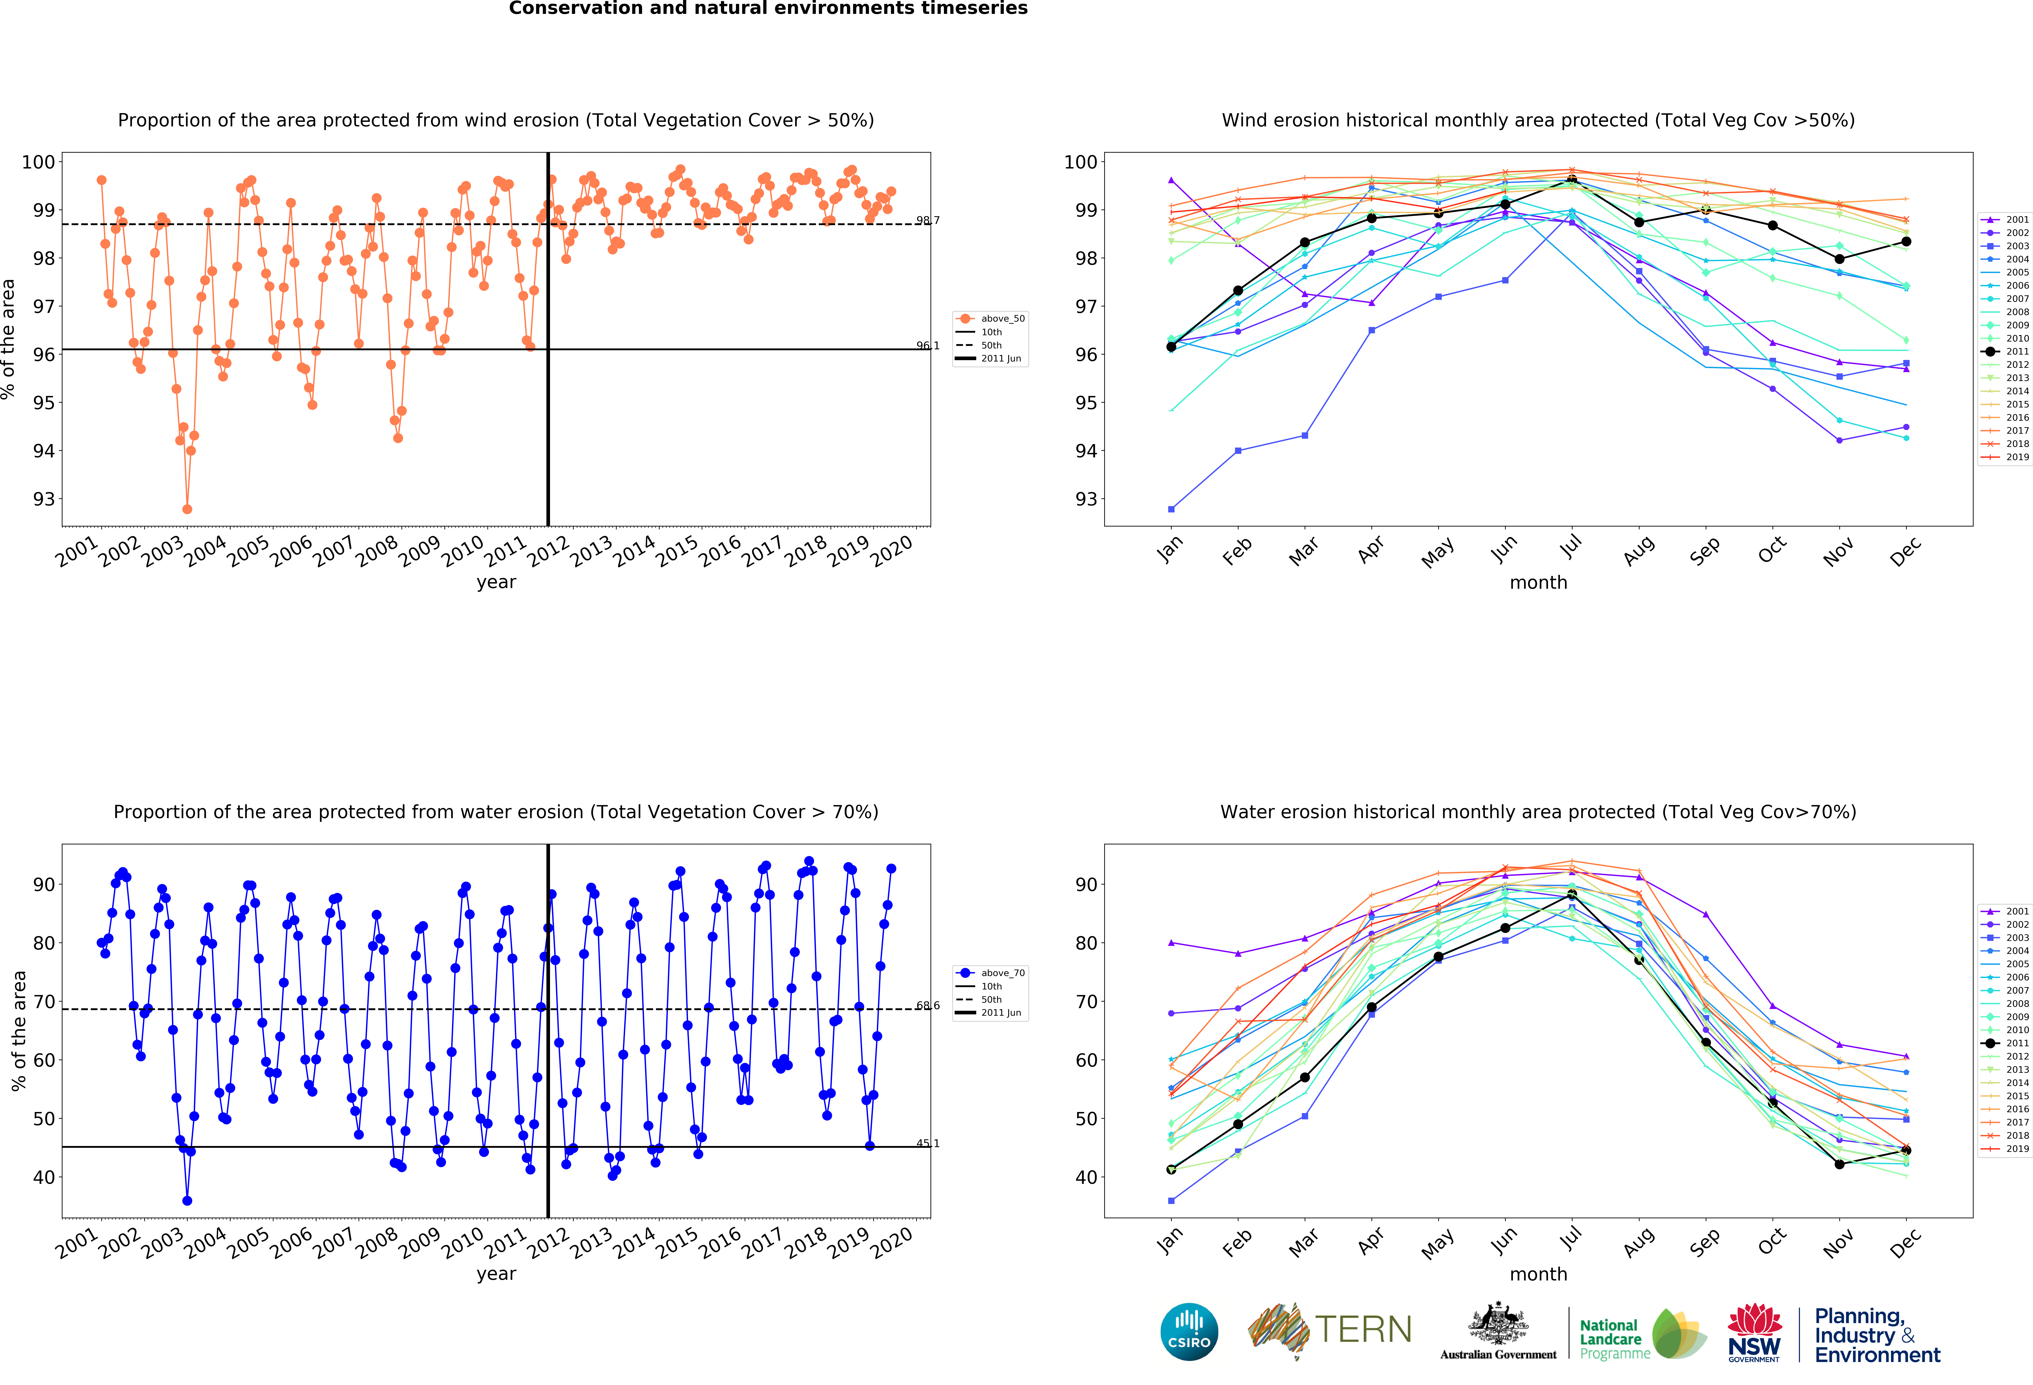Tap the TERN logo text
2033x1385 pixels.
click(x=1363, y=1330)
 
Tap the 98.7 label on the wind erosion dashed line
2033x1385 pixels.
click(x=927, y=220)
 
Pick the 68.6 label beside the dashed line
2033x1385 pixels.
click(x=927, y=1006)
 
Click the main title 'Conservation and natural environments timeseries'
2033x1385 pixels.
click(x=768, y=9)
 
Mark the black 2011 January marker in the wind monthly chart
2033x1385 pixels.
click(x=1171, y=347)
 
